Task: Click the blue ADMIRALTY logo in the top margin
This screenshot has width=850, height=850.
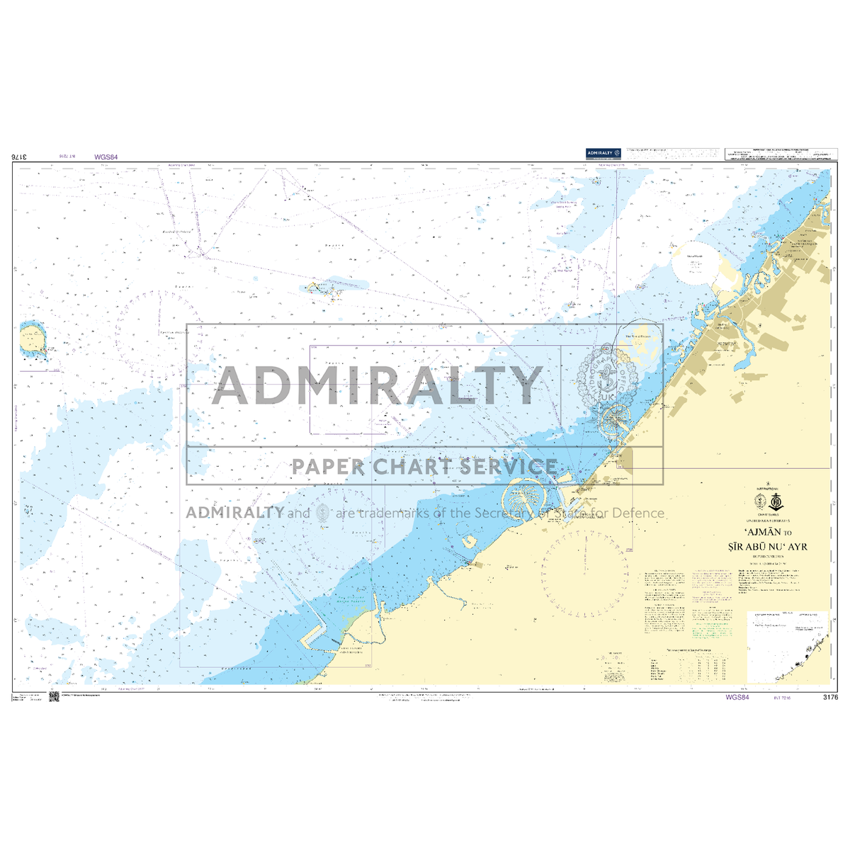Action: (603, 152)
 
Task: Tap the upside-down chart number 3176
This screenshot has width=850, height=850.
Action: (21, 157)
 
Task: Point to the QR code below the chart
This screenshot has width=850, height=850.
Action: (53, 698)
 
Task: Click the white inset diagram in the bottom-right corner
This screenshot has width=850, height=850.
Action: (788, 647)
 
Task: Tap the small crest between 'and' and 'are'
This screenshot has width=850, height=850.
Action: (323, 512)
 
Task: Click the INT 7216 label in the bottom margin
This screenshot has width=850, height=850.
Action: (776, 698)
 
